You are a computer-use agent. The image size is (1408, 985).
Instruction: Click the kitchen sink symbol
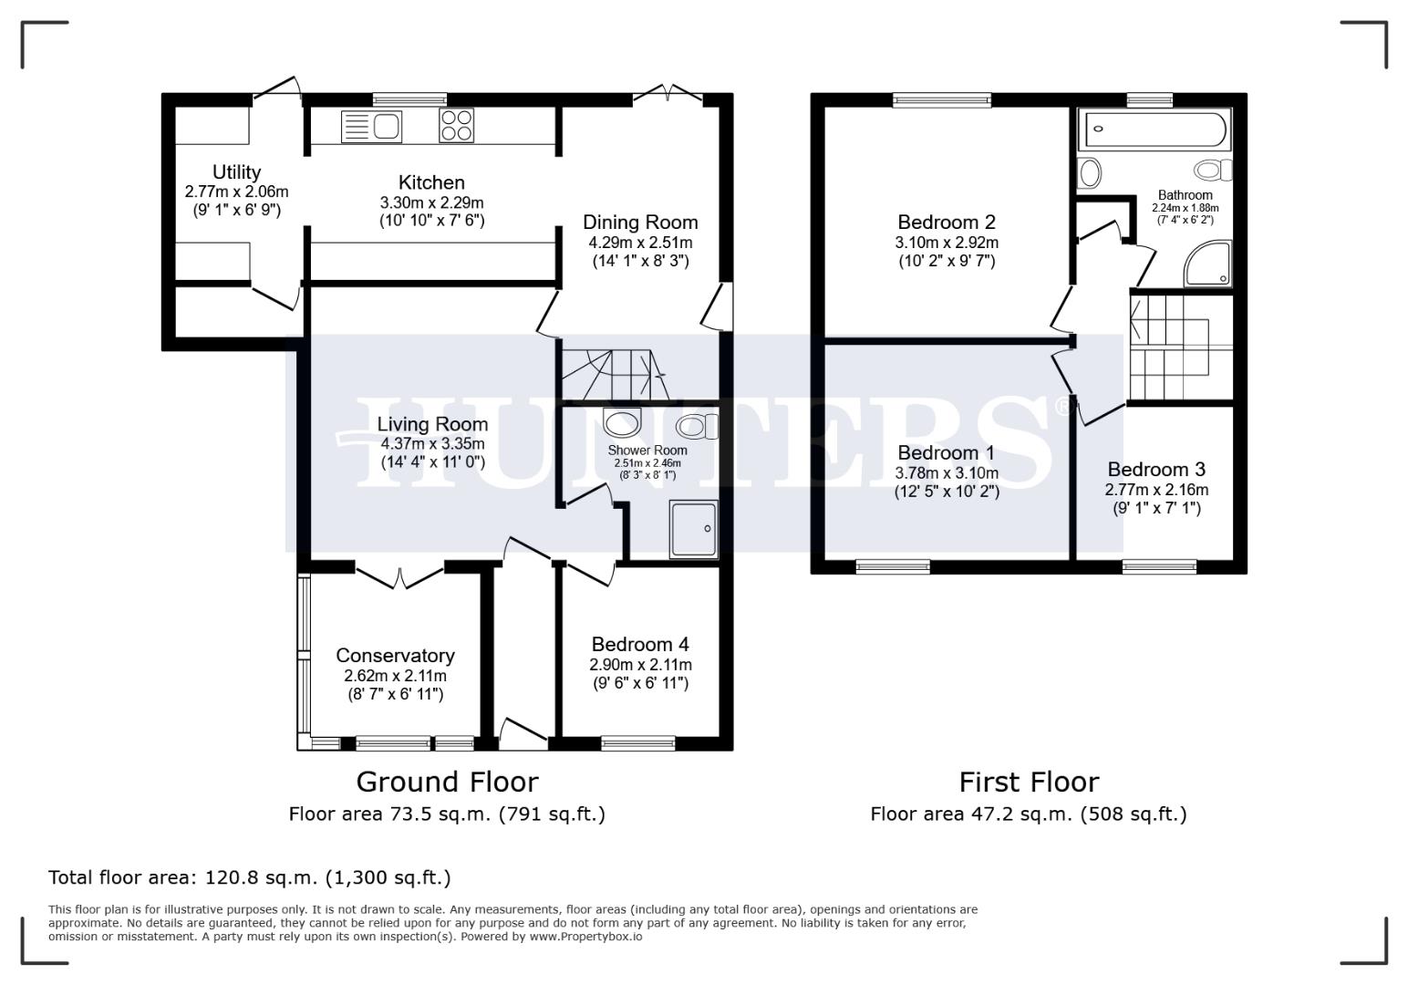tap(371, 126)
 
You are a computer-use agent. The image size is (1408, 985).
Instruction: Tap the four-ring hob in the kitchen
tap(457, 126)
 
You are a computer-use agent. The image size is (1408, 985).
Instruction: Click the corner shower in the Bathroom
tap(1208, 264)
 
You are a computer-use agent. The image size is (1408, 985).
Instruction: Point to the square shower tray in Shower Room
tap(694, 528)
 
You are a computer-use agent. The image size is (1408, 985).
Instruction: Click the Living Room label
tap(432, 424)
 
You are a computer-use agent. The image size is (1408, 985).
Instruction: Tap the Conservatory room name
tap(395, 656)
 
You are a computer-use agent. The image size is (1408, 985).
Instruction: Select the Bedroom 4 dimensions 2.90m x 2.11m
tap(640, 664)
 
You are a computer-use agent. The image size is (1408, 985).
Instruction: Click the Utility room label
tap(236, 172)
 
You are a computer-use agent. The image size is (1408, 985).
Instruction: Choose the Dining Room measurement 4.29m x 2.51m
tap(640, 243)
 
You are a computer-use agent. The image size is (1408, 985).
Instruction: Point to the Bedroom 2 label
tap(947, 222)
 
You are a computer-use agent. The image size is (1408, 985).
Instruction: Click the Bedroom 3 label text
tap(1156, 470)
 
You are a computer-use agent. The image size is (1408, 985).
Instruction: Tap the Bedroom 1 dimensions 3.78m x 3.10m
tap(947, 472)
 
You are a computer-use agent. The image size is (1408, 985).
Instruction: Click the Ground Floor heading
tap(447, 782)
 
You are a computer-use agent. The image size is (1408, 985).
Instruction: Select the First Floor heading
tap(1029, 782)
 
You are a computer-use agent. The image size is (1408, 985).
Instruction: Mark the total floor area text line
tap(249, 877)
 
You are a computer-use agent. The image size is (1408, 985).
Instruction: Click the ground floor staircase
tap(609, 373)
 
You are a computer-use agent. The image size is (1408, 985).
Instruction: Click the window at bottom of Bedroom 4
tap(638, 743)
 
